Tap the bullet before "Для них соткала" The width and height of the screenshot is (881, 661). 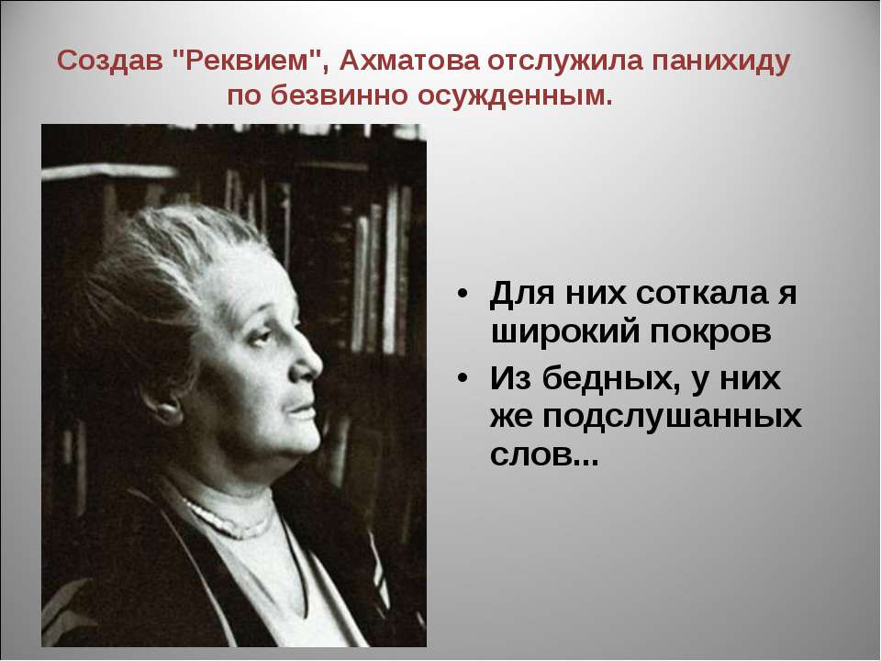pyautogui.click(x=462, y=294)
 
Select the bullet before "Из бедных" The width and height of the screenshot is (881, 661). pyautogui.click(x=462, y=378)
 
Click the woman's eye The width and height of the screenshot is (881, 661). pyautogui.click(x=262, y=337)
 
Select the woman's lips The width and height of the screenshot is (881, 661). pyautogui.click(x=302, y=413)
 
